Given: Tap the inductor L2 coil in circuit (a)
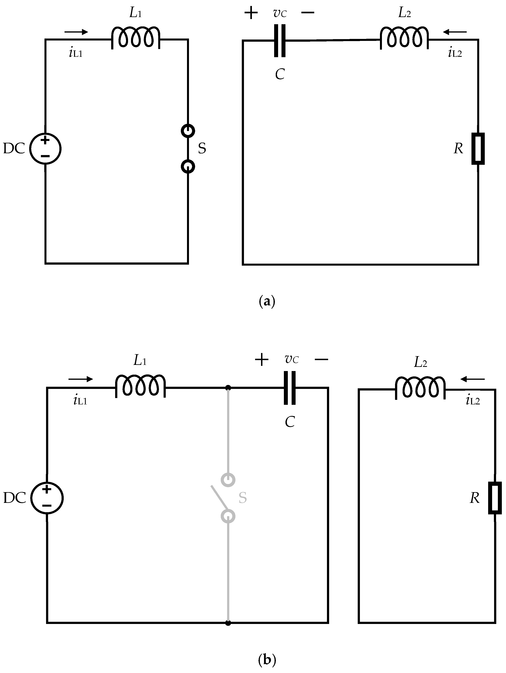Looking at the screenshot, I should coord(404,38).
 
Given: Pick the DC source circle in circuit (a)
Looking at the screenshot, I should coord(45,148).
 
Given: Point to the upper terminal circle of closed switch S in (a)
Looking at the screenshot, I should coord(188,131).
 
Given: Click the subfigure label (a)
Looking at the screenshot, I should coord(267,302).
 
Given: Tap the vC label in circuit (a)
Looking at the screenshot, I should coord(280,13).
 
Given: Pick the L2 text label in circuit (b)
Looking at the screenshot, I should coord(420,362).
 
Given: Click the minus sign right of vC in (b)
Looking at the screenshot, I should coord(321,360).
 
